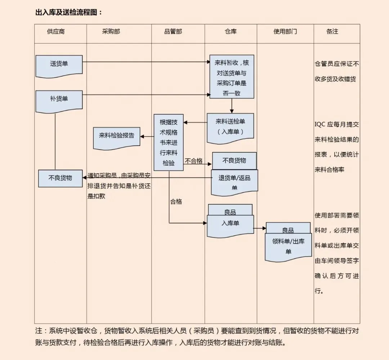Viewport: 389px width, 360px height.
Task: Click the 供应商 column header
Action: pos(56,31)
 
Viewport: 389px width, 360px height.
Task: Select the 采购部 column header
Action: pos(111,31)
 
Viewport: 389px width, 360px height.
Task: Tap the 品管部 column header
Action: pos(173,31)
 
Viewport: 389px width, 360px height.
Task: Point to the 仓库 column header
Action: pos(231,31)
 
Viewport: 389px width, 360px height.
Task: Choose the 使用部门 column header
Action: pos(285,31)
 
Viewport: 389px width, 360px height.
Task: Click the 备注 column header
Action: pos(332,31)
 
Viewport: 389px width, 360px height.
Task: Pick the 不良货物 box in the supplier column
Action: pos(61,178)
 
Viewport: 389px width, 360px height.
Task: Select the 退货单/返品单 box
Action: pos(234,182)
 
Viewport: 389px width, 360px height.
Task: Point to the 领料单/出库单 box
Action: pos(289,246)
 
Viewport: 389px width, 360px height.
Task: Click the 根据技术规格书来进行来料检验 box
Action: pos(169,142)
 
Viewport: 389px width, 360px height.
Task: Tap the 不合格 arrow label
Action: pos(194,161)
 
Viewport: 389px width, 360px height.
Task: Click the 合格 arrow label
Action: pos(176,201)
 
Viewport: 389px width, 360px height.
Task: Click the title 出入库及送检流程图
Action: pos(68,12)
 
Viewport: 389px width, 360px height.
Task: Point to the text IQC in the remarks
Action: pos(321,124)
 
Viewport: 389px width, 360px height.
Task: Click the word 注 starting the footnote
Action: pos(39,331)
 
